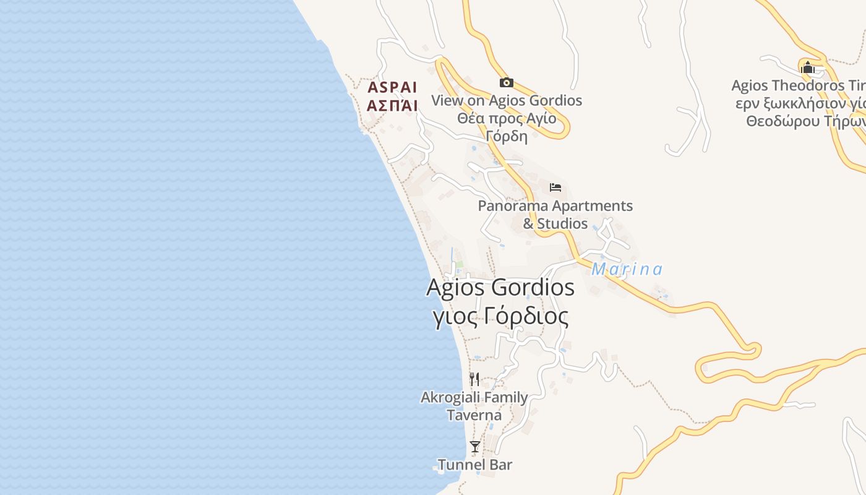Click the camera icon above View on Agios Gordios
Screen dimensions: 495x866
point(507,82)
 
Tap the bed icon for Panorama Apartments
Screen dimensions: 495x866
point(555,187)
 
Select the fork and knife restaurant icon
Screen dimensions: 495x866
point(474,379)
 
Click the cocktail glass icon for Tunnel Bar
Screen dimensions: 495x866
point(475,447)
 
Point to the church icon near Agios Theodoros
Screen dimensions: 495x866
point(807,67)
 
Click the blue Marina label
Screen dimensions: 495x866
point(627,270)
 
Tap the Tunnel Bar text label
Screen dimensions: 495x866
point(475,465)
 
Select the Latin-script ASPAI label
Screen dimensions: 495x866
point(392,87)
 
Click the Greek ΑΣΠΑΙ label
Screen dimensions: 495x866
point(392,105)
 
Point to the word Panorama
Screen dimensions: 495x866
point(513,205)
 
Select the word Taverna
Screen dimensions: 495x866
point(474,415)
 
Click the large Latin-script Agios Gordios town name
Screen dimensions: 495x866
point(500,288)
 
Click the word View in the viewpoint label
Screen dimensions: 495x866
point(445,100)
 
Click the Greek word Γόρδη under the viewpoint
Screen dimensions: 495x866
point(507,136)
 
